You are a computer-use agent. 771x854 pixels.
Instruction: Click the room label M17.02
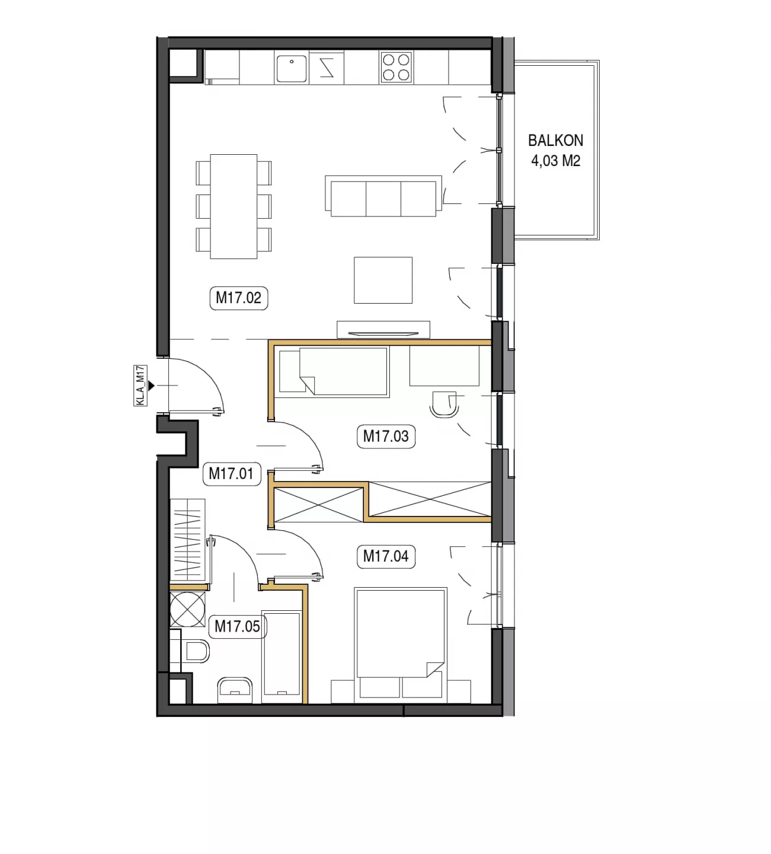(239, 298)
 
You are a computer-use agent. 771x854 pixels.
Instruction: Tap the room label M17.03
(386, 436)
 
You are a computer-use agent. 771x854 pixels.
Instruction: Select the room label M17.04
(386, 556)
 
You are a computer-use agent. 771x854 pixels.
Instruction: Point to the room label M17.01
(232, 473)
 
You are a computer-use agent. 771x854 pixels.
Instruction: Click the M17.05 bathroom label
(238, 626)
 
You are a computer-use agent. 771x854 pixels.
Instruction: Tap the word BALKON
(556, 141)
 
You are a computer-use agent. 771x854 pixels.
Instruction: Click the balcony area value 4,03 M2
(556, 161)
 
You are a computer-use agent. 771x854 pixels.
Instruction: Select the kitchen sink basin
(292, 69)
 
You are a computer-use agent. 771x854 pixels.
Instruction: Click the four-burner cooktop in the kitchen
(396, 67)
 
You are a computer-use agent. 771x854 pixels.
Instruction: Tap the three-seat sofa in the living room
(383, 196)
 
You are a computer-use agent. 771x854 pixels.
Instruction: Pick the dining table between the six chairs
(233, 206)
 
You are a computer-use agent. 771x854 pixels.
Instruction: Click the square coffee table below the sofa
(383, 280)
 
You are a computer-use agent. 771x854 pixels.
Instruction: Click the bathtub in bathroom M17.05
(281, 657)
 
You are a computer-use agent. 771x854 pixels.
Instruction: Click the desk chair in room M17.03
(444, 405)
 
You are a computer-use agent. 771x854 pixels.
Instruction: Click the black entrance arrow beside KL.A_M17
(151, 385)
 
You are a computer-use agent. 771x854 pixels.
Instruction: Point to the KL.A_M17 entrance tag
(140, 385)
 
